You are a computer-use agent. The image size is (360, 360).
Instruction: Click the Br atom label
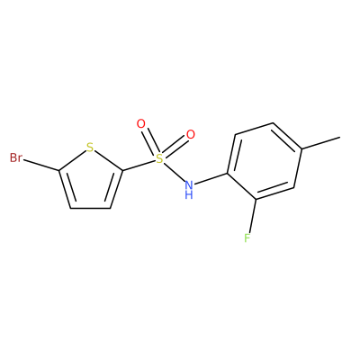pyautogui.click(x=16, y=157)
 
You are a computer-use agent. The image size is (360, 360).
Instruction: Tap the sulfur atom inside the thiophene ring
pyautogui.click(x=90, y=148)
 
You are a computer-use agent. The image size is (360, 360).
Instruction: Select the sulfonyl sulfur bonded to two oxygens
pyautogui.click(x=159, y=158)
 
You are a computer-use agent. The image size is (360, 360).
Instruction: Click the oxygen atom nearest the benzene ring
pyautogui.click(x=191, y=135)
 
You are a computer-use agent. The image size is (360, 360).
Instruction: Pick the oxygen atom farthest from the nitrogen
pyautogui.click(x=140, y=123)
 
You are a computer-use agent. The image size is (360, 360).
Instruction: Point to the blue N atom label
pyautogui.click(x=189, y=184)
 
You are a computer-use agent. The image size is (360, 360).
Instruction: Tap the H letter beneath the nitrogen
pyautogui.click(x=189, y=195)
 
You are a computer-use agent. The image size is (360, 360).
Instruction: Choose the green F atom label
pyautogui.click(x=247, y=238)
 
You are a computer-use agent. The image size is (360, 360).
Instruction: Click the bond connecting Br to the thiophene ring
pyautogui.click(x=41, y=166)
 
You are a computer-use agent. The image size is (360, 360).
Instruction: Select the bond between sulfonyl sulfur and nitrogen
pyautogui.click(x=175, y=172)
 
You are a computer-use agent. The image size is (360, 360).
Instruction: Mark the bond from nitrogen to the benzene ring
pyautogui.click(x=211, y=179)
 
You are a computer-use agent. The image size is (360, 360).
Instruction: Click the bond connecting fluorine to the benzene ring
pyautogui.click(x=252, y=216)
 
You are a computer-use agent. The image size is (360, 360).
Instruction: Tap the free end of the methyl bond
pyautogui.click(x=340, y=138)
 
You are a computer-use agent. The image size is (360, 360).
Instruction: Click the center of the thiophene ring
pyautogui.click(x=91, y=181)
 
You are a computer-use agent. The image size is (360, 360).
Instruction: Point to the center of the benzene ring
pyautogui.click(x=264, y=161)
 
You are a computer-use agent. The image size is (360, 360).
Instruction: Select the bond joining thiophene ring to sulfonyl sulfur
pyautogui.click(x=139, y=166)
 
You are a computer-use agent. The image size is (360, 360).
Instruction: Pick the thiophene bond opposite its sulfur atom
pyautogui.click(x=90, y=208)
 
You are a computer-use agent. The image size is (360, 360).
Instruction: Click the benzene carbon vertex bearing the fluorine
pyautogui.click(x=256, y=199)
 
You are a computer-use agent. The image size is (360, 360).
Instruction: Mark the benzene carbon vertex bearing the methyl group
pyautogui.click(x=301, y=148)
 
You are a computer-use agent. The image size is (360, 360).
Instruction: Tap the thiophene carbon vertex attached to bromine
pyautogui.click(x=59, y=171)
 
